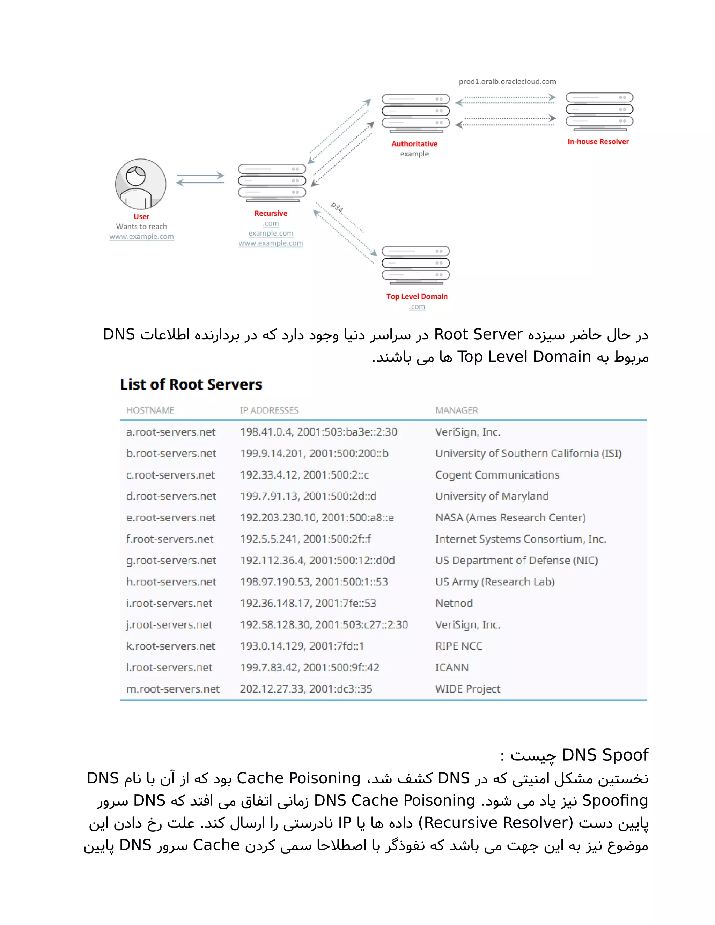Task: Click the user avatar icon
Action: point(141,184)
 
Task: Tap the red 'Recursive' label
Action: point(271,213)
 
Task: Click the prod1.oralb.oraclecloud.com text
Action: point(507,81)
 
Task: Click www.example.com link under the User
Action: point(141,236)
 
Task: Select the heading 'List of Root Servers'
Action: point(191,384)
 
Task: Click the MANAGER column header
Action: point(456,410)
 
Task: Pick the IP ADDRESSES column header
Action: point(269,410)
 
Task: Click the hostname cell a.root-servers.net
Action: point(171,432)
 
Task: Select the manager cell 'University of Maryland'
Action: point(492,496)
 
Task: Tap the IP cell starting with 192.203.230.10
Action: point(317,518)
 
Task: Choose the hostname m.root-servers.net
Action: point(173,689)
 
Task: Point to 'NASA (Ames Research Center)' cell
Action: point(510,518)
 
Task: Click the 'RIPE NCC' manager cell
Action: point(459,646)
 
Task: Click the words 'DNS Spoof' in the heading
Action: point(604,755)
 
